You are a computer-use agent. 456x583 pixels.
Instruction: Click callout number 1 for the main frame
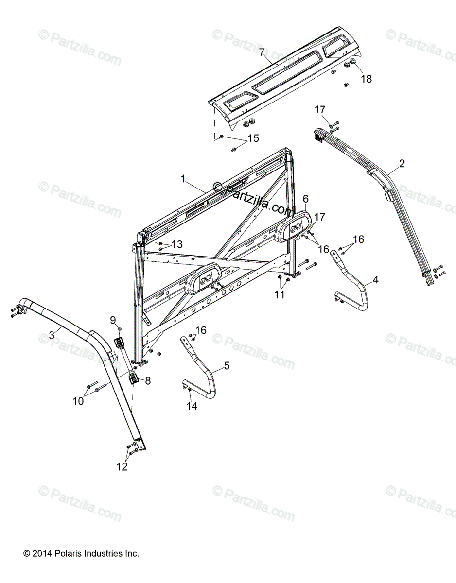183,179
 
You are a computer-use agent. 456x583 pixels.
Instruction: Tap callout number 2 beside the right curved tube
402,163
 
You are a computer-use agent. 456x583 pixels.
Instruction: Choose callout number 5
227,365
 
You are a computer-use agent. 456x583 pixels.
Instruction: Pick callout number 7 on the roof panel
262,52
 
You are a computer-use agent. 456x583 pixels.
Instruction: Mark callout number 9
113,319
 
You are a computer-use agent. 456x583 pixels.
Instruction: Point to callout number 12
122,466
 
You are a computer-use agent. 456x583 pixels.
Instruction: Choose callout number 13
177,244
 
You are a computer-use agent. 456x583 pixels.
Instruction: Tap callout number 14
193,406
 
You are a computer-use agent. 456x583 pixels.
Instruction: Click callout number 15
253,138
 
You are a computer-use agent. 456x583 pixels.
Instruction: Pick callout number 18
366,79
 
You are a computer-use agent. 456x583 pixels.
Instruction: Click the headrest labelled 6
293,228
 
